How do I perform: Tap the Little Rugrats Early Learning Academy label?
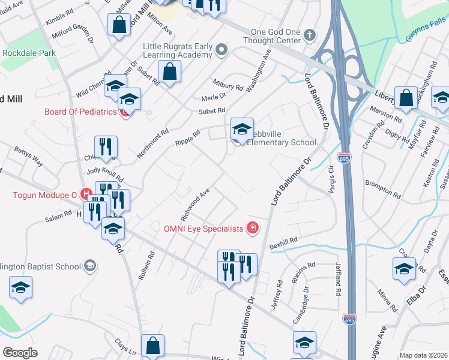click(178, 50)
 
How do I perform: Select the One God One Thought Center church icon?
click(310, 36)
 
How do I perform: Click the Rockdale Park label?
click(29, 53)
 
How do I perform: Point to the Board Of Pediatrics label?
click(80, 112)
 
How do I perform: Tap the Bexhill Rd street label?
click(283, 241)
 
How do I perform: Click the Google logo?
click(20, 353)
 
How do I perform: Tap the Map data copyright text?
click(424, 355)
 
